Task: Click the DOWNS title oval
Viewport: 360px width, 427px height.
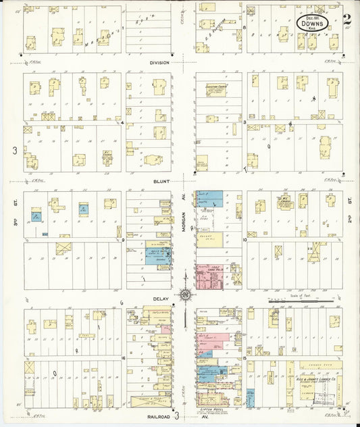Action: pyautogui.click(x=313, y=24)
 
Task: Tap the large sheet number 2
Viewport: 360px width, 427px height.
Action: pyautogui.click(x=346, y=21)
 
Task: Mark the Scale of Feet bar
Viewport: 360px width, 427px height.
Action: pyautogui.click(x=301, y=301)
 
